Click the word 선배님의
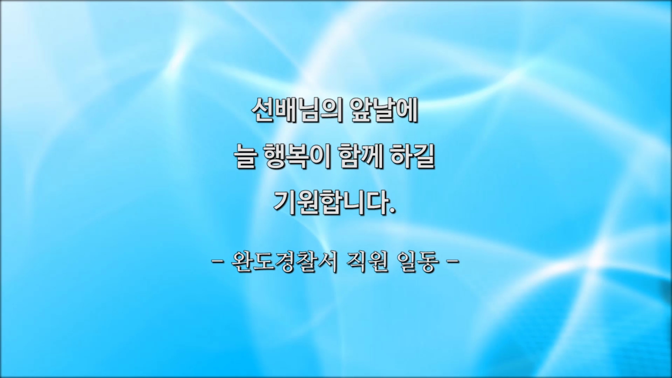(296, 110)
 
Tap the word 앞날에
(384, 110)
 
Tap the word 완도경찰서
(284, 261)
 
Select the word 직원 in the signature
(367, 261)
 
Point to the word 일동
(417, 261)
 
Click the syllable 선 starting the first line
(262, 110)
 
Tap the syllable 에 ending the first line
(407, 110)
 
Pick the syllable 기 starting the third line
(284, 203)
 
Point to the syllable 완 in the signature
(242, 261)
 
